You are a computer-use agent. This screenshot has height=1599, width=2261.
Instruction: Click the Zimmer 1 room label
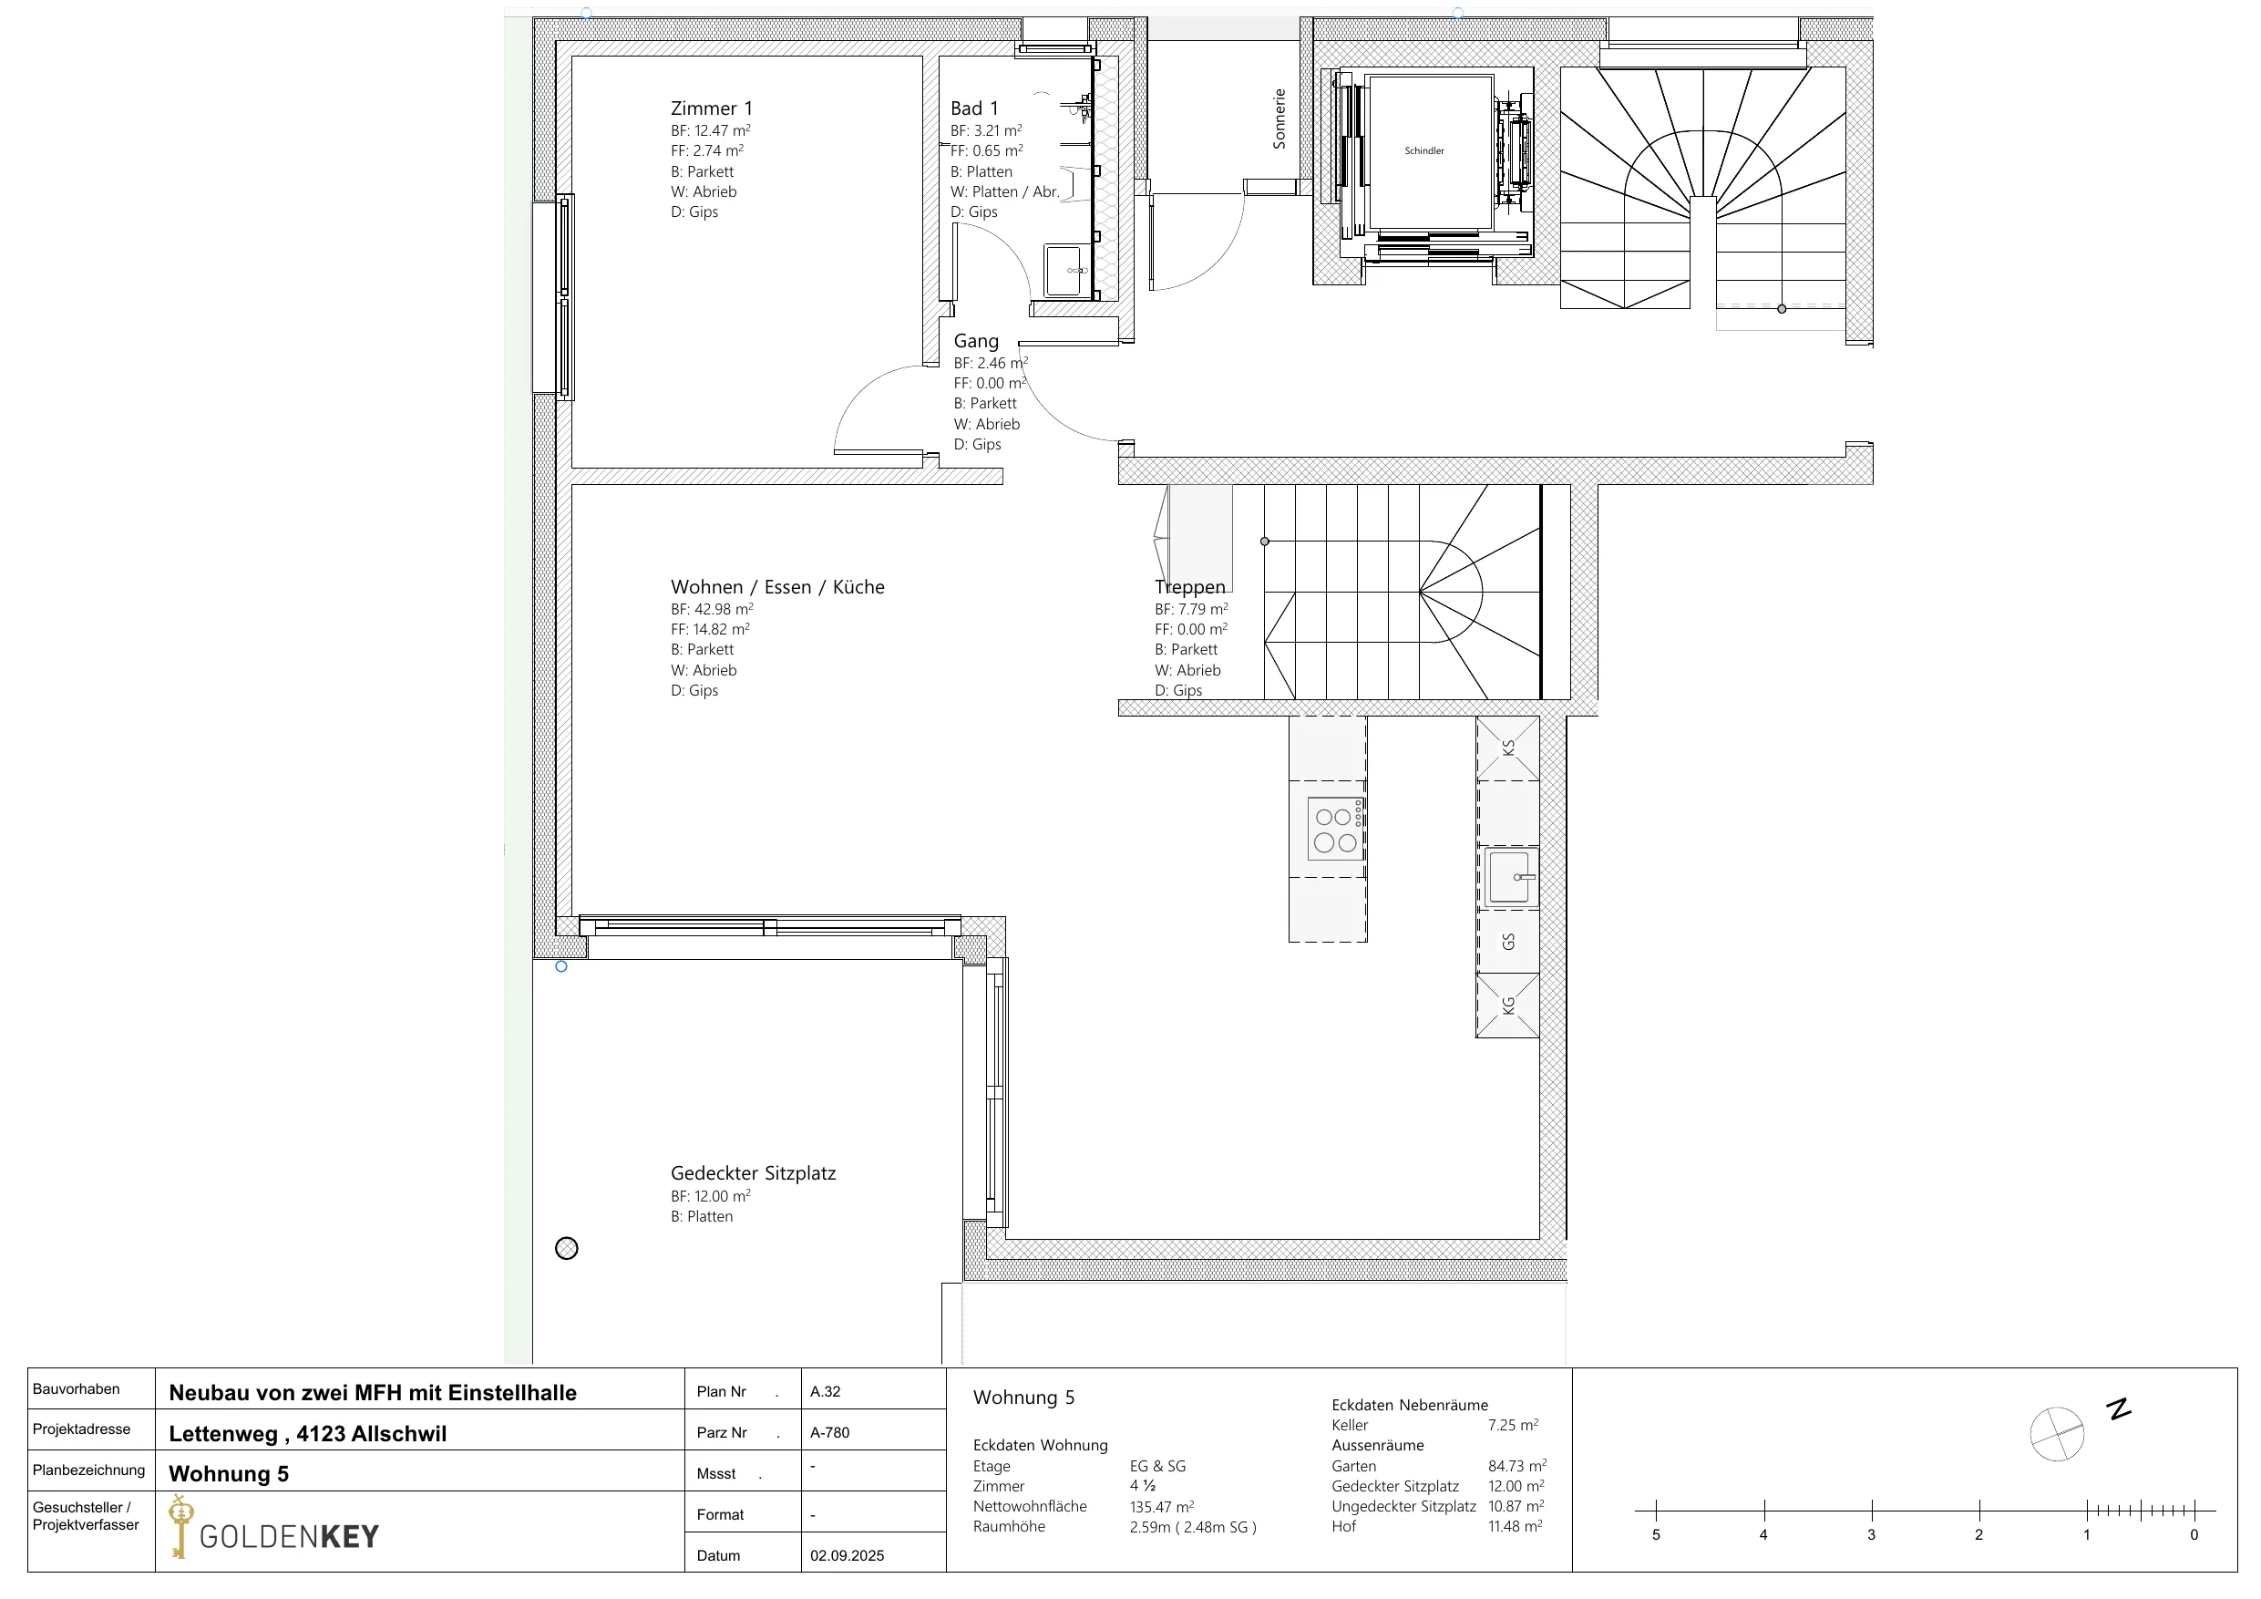(711, 108)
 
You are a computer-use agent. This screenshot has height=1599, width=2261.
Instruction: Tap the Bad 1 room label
(974, 108)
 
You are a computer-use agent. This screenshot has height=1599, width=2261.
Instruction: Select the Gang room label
(976, 341)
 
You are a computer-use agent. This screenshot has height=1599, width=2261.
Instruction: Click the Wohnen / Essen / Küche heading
(777, 587)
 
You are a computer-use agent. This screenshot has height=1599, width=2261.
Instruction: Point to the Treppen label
(1189, 587)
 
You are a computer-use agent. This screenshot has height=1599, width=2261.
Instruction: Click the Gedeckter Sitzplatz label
(754, 1173)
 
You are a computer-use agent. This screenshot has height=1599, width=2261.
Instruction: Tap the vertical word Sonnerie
(1280, 119)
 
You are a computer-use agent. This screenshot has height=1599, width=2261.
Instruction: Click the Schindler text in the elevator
(1424, 150)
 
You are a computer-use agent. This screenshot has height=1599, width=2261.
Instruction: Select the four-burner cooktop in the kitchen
(1336, 829)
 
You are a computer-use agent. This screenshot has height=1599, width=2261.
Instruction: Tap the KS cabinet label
(1507, 748)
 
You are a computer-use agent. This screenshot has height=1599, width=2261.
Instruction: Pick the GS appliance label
(1507, 942)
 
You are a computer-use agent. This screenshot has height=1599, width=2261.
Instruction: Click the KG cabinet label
(1507, 1006)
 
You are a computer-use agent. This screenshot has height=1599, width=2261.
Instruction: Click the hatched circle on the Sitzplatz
(566, 1248)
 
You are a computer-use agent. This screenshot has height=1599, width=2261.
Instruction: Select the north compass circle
(2057, 1433)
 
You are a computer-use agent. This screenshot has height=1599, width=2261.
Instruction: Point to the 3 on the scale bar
(1871, 1535)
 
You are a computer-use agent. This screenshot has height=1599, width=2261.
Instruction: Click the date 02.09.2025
(847, 1555)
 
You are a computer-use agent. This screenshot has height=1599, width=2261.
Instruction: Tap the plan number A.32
(826, 1392)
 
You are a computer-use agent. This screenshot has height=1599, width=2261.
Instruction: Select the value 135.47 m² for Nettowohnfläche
(1162, 1506)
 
